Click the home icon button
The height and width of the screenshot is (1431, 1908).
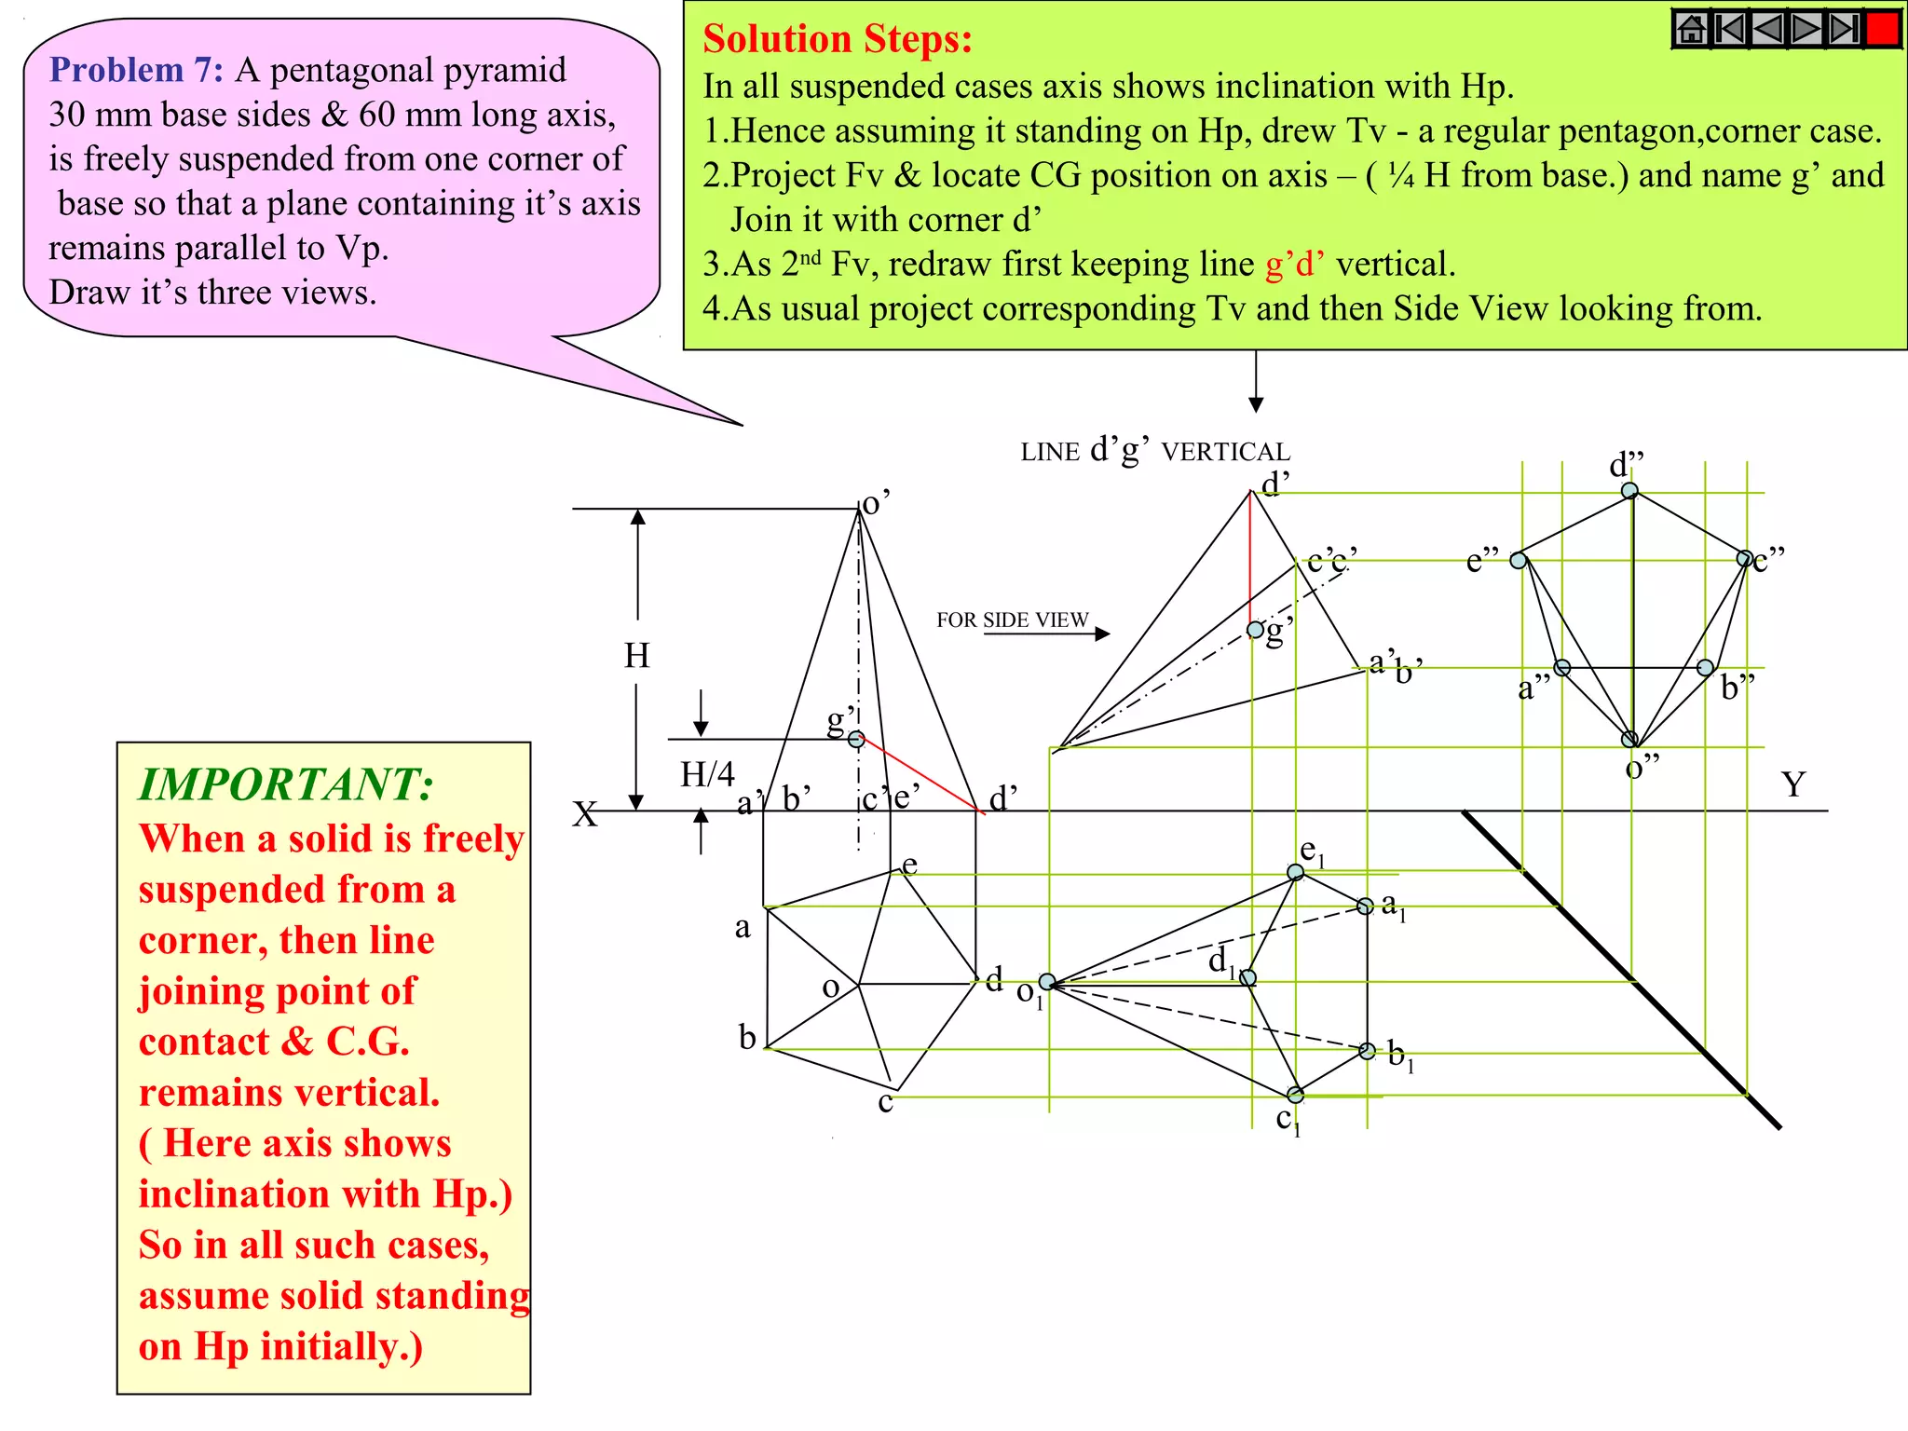(1692, 29)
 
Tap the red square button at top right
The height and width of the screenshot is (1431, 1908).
(1883, 28)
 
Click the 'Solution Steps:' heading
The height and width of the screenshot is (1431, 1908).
(837, 39)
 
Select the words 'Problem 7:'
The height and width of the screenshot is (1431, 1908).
(136, 70)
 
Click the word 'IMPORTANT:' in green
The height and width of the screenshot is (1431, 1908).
(286, 784)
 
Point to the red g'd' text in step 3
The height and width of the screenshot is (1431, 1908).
(1294, 265)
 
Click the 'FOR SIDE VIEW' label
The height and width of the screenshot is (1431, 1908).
(1012, 620)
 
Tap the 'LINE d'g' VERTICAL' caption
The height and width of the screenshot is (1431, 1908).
(1154, 451)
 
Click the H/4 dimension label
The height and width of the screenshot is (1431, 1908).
(707, 773)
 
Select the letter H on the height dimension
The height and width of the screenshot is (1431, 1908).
(637, 656)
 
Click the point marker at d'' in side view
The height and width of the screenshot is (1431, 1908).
(1629, 490)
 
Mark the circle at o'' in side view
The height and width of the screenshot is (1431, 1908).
(1629, 739)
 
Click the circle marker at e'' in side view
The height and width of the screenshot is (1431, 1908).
(1519, 560)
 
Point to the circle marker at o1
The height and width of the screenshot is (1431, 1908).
(1047, 982)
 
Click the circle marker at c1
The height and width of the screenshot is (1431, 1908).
(1295, 1094)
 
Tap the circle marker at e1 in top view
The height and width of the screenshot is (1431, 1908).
(1295, 872)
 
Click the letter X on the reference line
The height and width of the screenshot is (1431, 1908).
(584, 814)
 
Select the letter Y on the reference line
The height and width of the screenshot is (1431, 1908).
(1793, 784)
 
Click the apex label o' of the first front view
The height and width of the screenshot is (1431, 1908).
(876, 503)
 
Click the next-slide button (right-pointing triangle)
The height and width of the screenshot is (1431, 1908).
(1806, 29)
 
